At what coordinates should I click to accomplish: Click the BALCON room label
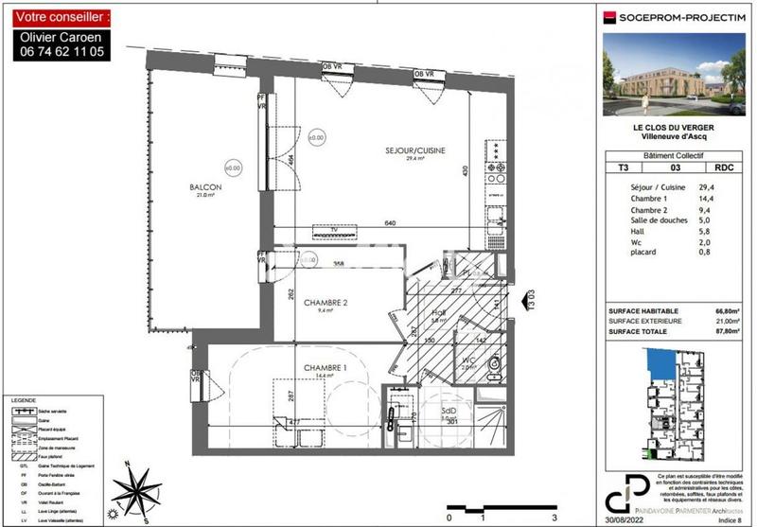click(205, 187)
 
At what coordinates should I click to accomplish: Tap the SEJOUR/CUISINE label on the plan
click(414, 150)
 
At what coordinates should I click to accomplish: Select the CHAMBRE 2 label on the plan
click(326, 303)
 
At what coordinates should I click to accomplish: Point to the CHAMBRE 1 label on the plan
click(325, 367)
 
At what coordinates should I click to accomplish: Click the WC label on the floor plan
click(469, 360)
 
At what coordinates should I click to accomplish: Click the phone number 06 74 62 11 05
click(62, 54)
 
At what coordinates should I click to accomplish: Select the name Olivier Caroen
click(62, 38)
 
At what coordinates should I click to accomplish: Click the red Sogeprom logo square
click(611, 15)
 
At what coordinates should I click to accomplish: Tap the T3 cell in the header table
click(623, 167)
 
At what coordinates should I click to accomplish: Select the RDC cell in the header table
click(723, 167)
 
